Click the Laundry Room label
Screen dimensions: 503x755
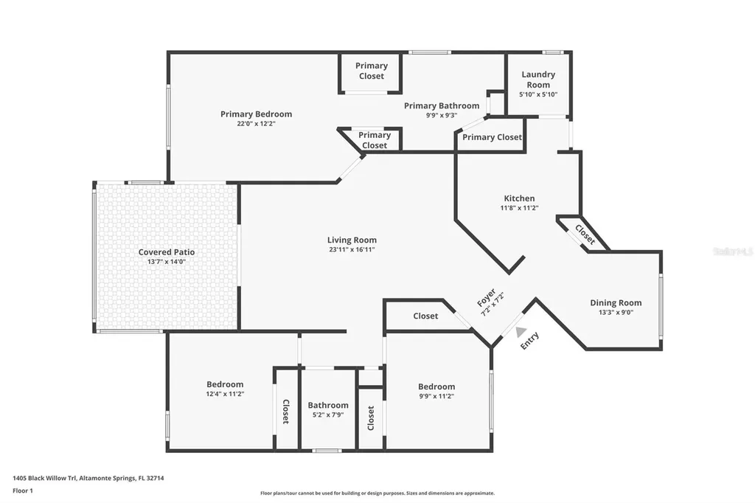pos(538,79)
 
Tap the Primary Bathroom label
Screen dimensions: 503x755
pos(441,105)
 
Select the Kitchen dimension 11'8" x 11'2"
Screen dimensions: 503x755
pos(519,208)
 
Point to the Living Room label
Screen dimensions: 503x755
pos(352,240)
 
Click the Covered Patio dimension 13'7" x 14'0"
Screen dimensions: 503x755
pos(167,262)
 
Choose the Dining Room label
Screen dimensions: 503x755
pos(616,302)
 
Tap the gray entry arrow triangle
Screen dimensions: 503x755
pos(521,333)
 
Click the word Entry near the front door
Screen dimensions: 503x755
pos(530,341)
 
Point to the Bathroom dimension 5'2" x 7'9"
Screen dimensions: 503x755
pos(328,414)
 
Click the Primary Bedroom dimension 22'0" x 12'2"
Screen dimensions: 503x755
pos(256,123)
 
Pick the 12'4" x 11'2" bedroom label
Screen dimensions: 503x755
pos(225,384)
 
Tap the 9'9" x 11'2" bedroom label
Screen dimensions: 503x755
pos(436,386)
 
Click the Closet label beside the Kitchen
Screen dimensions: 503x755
pos(585,235)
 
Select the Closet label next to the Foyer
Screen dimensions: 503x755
pos(425,316)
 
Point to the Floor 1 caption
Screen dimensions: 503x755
pos(24,490)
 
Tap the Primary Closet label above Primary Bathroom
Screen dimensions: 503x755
pos(372,71)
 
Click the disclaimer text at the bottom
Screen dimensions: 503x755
pos(377,493)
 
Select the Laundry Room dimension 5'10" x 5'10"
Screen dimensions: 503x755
pos(538,94)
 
